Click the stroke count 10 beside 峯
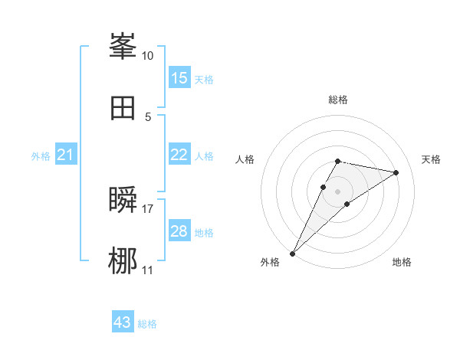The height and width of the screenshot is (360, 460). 148,56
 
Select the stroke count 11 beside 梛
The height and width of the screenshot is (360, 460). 148,270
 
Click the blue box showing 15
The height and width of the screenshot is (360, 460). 179,77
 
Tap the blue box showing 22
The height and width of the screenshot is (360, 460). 179,155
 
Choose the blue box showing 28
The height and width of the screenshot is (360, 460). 179,231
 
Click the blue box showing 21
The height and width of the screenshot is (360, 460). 66,155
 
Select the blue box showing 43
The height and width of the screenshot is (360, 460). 123,322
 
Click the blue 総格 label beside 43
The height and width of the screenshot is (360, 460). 148,324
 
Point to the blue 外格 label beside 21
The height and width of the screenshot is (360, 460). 41,156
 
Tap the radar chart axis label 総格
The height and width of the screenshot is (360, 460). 338,100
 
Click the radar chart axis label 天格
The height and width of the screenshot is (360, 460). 432,159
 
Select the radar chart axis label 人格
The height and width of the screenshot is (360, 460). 245,159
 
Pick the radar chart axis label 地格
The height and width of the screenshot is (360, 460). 402,263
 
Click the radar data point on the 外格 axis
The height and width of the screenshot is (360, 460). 292,254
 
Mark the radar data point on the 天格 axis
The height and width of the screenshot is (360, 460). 396,172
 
